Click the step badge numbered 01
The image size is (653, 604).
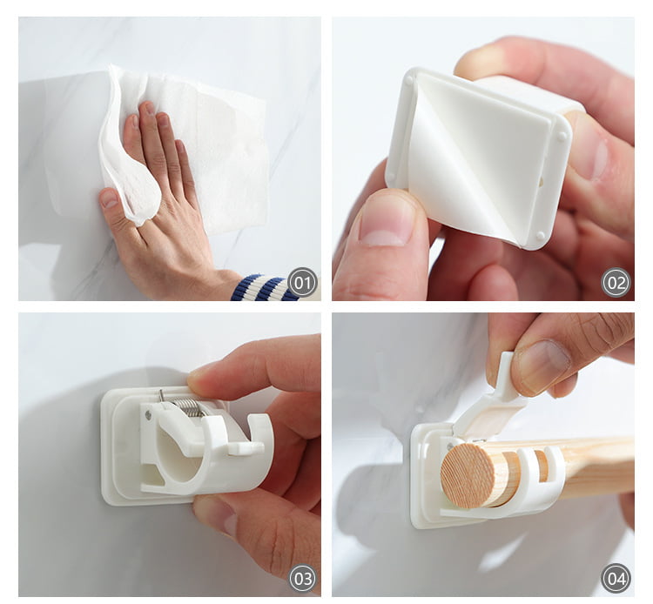pos(303,283)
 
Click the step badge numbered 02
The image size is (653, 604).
pos(616,283)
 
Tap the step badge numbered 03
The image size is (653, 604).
pos(303,578)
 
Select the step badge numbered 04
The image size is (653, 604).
pos(616,578)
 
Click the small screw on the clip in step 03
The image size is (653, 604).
pos(148,413)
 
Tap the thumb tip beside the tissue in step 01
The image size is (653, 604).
pos(109,198)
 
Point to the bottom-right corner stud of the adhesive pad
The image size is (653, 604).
pos(540,236)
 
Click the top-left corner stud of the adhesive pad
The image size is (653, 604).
pos(411,81)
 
